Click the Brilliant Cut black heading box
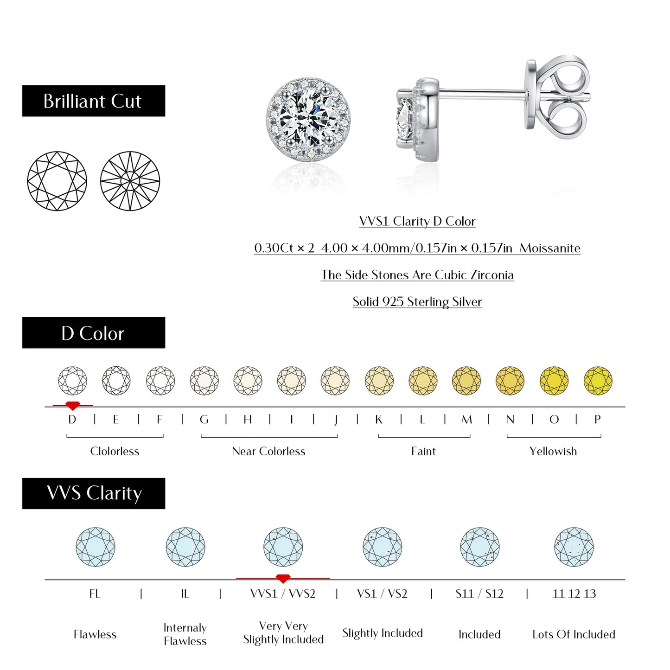pyautogui.click(x=93, y=101)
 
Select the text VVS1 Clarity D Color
pyautogui.click(x=417, y=222)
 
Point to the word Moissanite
pyautogui.click(x=550, y=249)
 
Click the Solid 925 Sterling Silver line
pyautogui.click(x=417, y=302)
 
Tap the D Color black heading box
pyautogui.click(x=93, y=333)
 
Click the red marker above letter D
pyautogui.click(x=72, y=406)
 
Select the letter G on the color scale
pyautogui.click(x=204, y=420)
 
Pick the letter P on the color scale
pyautogui.click(x=597, y=420)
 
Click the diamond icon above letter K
pyautogui.click(x=379, y=381)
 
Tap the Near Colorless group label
pyautogui.click(x=268, y=451)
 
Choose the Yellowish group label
pyautogui.click(x=553, y=451)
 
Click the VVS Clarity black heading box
pyautogui.click(x=93, y=493)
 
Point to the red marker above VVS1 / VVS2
pyautogui.click(x=283, y=579)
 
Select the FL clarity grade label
pyautogui.click(x=95, y=594)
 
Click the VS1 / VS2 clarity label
pyautogui.click(x=382, y=594)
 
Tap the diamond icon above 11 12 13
pyautogui.click(x=574, y=547)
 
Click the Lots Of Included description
pyautogui.click(x=574, y=634)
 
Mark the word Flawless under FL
pyautogui.click(x=95, y=634)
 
